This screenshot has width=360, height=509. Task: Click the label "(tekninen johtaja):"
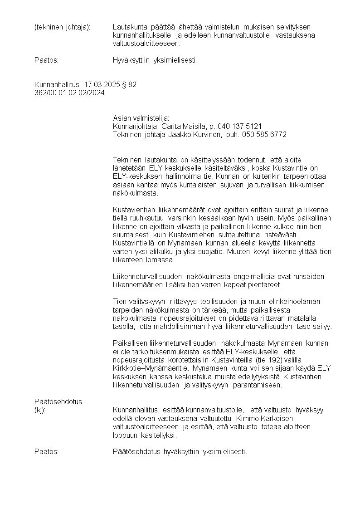pyautogui.click(x=63, y=27)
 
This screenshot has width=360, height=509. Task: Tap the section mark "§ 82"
pyautogui.click(x=129, y=85)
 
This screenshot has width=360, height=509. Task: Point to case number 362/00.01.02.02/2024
pyautogui.click(x=69, y=93)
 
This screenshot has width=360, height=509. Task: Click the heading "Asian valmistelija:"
pyautogui.click(x=141, y=118)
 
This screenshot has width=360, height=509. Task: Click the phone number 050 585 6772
pyautogui.click(x=264, y=135)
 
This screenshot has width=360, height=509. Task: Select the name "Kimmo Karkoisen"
pyautogui.click(x=265, y=418)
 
